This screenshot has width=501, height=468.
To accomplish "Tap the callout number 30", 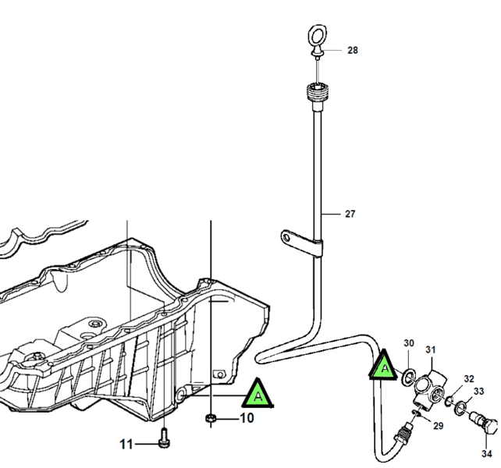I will click(x=409, y=343).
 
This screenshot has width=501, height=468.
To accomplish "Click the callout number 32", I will click(x=468, y=379).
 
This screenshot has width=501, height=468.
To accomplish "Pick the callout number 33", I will click(x=478, y=392).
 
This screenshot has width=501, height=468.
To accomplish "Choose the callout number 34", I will click(x=487, y=453).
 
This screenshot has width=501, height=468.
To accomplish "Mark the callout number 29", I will click(x=438, y=426).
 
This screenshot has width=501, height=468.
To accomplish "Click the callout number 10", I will click(x=246, y=418).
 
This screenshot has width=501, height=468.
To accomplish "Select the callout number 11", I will click(x=126, y=445).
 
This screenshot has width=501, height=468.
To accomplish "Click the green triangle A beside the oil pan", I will click(x=258, y=395).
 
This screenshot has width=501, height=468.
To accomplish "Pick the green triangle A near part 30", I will click(x=384, y=364).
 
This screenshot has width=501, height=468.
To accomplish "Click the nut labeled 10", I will click(x=211, y=420).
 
